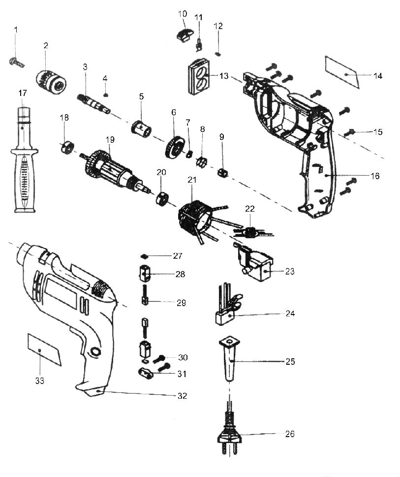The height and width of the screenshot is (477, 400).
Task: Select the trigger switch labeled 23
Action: tap(256, 266)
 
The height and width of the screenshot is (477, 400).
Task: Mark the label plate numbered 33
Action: tap(44, 349)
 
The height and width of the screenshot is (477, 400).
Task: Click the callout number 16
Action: tap(375, 176)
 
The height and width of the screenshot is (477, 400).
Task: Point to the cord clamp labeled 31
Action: tap(145, 373)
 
